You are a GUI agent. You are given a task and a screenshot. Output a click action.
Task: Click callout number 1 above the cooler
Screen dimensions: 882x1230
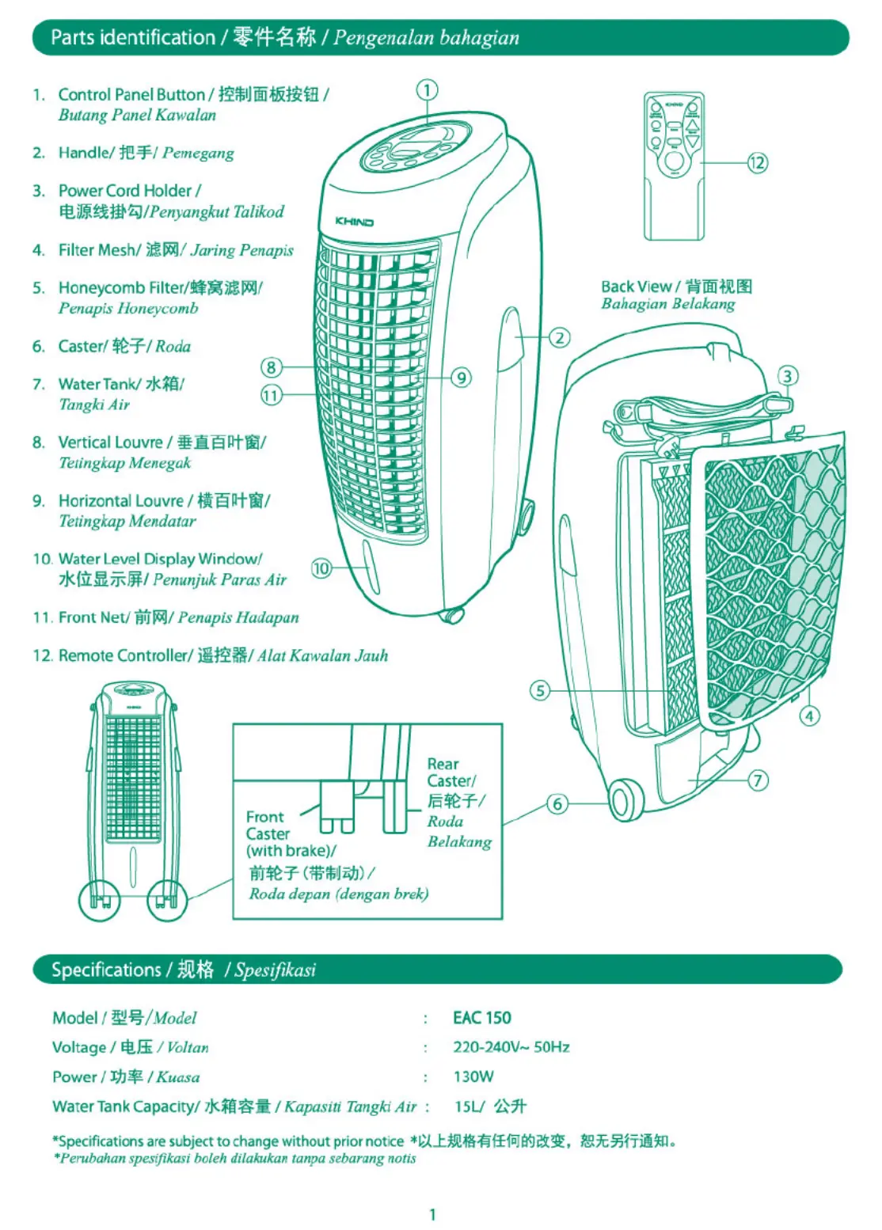coord(427,89)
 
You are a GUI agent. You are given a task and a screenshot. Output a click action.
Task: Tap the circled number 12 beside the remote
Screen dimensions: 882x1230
coord(758,163)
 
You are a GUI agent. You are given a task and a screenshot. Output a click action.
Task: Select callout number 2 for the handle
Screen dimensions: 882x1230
coord(560,338)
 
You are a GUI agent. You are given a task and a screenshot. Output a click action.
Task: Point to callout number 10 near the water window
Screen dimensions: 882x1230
coord(321,568)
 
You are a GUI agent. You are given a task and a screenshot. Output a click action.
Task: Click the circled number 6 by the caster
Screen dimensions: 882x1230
coord(557,804)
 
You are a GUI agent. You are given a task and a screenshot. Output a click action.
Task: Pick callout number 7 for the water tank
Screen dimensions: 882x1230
coord(758,780)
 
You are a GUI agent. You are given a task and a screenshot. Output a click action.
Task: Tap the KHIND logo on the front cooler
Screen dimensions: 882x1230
coord(354,222)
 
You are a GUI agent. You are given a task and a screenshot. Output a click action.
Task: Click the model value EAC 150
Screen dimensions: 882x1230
coord(481,1018)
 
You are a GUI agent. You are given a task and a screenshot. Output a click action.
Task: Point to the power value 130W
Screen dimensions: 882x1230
coord(473,1076)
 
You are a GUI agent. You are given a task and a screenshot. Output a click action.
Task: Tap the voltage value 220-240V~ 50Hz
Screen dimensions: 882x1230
coord(511,1047)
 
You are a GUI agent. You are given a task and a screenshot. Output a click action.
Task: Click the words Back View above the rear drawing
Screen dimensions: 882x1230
coord(636,287)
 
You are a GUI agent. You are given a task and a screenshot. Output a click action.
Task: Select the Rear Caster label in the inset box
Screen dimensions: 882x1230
coord(450,773)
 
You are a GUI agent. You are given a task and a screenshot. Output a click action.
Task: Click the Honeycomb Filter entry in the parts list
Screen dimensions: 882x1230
coord(158,288)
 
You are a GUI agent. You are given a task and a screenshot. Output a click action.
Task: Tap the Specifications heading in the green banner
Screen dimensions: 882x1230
coord(106,970)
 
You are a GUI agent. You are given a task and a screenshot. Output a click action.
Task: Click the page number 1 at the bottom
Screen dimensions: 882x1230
coord(432,1214)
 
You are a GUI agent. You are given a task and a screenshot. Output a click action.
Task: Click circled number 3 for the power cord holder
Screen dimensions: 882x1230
coord(787,376)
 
